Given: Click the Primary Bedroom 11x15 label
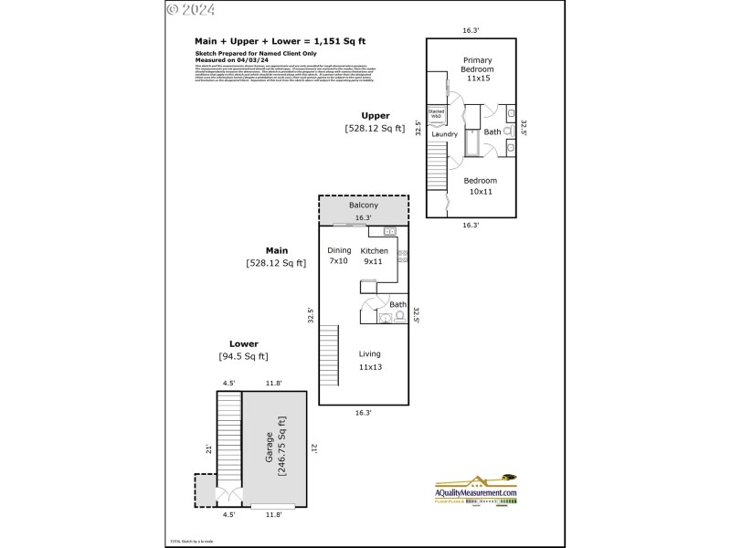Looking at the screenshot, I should (477, 69).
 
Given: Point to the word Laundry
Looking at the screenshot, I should (444, 134).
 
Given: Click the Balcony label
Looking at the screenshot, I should (363, 205).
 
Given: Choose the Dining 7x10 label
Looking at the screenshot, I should (338, 256).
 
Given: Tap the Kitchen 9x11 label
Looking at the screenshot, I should (375, 256).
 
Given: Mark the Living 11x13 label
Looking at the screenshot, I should (369, 360).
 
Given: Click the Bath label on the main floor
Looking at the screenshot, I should (397, 304).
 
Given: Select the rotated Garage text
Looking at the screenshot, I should (276, 447).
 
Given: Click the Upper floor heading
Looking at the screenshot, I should (375, 116).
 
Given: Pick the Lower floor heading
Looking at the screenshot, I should (243, 343).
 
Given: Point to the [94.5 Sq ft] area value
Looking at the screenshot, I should (243, 356).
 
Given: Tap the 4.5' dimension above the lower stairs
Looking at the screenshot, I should (229, 383).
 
